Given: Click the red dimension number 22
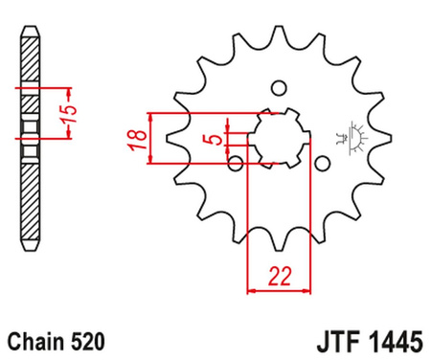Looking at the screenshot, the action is (280, 277).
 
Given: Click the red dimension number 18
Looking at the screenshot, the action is (138, 140).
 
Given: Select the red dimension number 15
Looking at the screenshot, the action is (68, 114).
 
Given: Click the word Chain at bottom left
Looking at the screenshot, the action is (35, 341).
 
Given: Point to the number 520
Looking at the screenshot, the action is (87, 341).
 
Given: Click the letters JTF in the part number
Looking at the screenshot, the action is (339, 342).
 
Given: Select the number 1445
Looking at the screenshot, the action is (396, 342).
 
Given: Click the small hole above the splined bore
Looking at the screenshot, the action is (279, 88).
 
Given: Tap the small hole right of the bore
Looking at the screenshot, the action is (322, 164).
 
